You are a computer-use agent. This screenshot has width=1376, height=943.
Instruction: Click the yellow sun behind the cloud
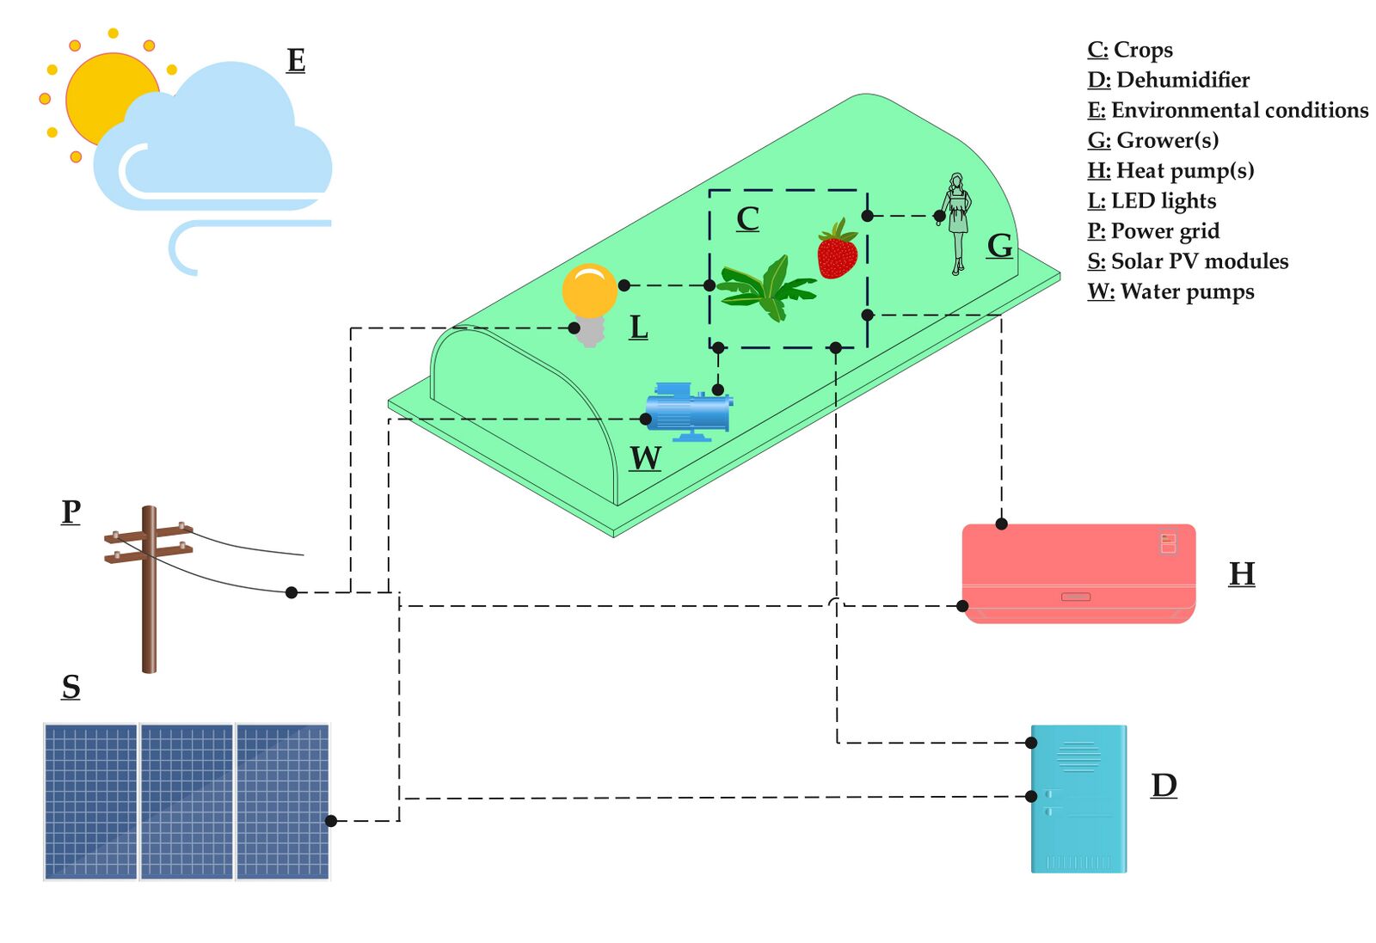(98, 92)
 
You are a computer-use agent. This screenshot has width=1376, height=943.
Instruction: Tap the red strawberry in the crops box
(838, 250)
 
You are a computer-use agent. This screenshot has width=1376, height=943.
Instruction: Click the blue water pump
(689, 412)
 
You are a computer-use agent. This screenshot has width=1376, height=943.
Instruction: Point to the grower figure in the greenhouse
(955, 224)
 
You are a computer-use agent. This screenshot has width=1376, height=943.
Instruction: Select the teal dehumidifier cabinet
(1078, 799)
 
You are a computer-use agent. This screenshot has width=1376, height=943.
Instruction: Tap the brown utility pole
(150, 590)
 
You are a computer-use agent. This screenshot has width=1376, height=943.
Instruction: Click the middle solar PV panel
(187, 802)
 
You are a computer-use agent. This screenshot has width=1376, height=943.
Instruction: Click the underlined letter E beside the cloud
(296, 60)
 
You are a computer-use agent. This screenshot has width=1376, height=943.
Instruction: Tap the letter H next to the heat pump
(1242, 574)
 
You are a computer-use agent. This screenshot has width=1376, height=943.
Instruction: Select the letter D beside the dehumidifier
(1164, 785)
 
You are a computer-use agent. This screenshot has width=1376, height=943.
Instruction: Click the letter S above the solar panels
(71, 687)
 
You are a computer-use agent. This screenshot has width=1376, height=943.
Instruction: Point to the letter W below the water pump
(646, 458)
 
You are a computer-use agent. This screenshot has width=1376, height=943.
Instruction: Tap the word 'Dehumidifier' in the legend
(1183, 80)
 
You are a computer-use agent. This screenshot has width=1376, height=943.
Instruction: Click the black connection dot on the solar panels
(331, 821)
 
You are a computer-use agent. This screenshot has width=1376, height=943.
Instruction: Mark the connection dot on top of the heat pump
(1001, 524)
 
